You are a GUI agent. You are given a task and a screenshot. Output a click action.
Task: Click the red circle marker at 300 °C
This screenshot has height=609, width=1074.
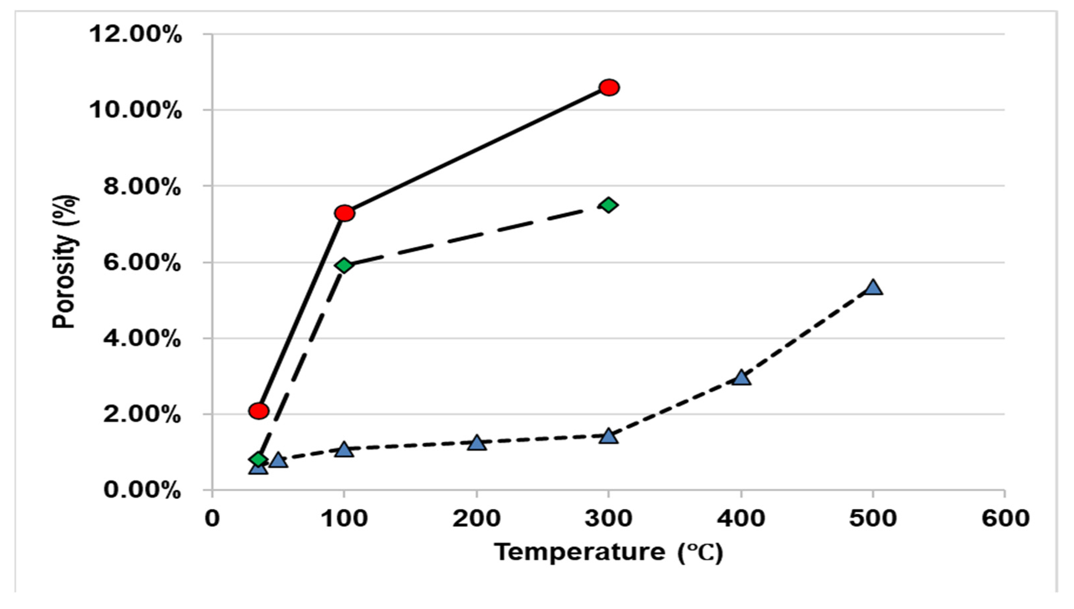coord(609,88)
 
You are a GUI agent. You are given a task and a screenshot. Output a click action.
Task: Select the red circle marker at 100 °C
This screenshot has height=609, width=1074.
coord(344,213)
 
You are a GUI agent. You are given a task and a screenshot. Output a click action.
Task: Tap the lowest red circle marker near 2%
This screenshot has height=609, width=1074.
coord(259,411)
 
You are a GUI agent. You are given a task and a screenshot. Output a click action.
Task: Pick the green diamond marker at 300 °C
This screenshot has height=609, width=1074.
coord(608,205)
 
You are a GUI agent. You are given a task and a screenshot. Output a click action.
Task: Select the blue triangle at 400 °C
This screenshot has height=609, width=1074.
coord(741,378)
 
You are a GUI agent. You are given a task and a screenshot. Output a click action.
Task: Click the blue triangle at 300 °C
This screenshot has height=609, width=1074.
coord(608,437)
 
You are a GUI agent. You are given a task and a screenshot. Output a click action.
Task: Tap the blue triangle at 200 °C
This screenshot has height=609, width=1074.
coord(477,443)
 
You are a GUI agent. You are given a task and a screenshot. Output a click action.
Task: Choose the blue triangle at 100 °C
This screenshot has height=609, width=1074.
coord(344,450)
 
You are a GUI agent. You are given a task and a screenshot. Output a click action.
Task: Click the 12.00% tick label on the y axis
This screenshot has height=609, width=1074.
coord(135,34)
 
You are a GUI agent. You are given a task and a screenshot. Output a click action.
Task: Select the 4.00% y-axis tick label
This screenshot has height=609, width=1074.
coord(142,339)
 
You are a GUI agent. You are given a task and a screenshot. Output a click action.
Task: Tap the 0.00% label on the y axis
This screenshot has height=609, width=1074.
coord(142,490)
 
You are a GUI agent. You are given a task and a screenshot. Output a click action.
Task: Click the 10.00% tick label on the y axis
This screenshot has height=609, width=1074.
coord(135,111)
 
